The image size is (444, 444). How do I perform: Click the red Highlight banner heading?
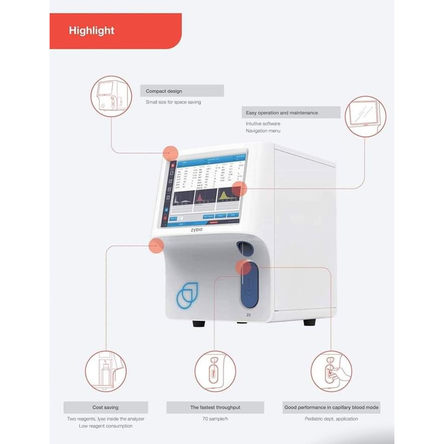(x=91, y=31)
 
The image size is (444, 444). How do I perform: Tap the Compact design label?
(x=164, y=91)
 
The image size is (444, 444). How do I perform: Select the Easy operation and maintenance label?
(x=282, y=113)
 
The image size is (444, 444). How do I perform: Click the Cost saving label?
(x=105, y=408)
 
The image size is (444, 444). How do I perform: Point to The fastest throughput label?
(x=215, y=408)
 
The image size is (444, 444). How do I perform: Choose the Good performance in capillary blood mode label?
(x=331, y=408)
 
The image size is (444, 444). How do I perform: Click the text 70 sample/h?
(x=215, y=419)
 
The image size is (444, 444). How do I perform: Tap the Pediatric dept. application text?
(x=331, y=419)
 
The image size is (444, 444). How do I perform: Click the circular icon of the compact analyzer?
(x=111, y=96)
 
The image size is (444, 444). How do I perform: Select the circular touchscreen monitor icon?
(x=365, y=117)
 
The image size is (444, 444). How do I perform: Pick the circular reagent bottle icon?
(x=105, y=371)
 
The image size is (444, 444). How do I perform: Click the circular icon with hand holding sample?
(x=331, y=371)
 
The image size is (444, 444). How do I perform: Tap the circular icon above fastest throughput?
(x=215, y=371)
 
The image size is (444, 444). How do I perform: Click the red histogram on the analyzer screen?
(x=200, y=198)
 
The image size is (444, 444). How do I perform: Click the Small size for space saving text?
(x=173, y=102)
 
